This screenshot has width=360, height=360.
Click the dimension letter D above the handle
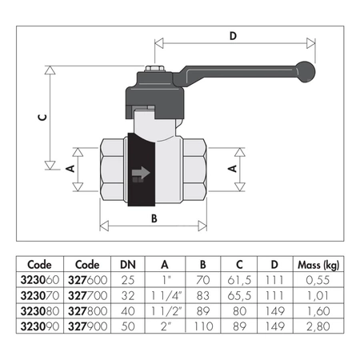pyautogui.click(x=233, y=36)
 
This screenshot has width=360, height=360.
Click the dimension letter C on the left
pyautogui.click(x=42, y=117)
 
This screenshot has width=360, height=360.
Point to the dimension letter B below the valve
pyautogui.click(x=154, y=218)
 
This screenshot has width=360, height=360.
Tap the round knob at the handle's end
pyautogui.click(x=306, y=72)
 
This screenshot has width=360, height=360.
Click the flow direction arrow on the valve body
pyautogui.click(x=141, y=173)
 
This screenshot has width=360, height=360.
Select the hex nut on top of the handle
pyautogui.click(x=154, y=68)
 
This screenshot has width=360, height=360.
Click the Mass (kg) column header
pyautogui.click(x=318, y=265)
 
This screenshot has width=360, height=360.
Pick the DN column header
pyautogui.click(x=128, y=265)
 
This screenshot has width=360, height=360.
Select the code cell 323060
pyautogui.click(x=40, y=280)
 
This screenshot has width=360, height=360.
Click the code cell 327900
pyautogui.click(x=87, y=326)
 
